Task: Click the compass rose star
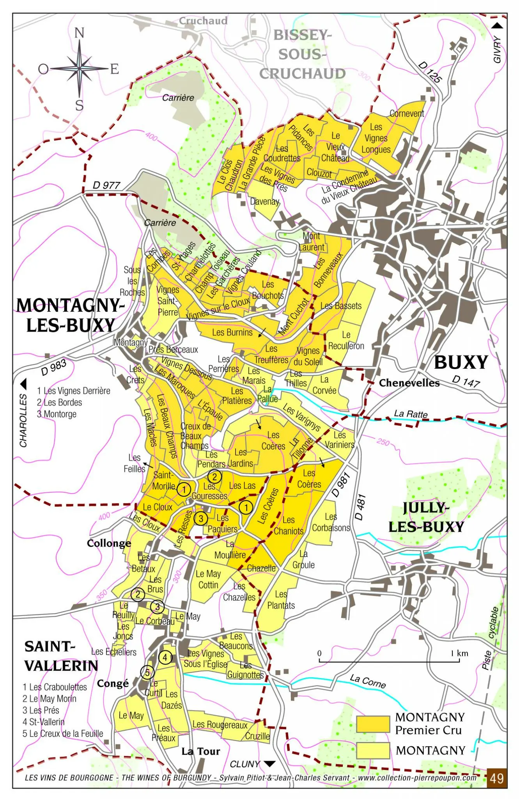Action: (79, 69)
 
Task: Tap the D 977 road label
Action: (106, 185)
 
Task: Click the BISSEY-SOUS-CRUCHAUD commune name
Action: (302, 54)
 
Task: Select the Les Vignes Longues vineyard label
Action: (376, 138)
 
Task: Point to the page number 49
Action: (496, 778)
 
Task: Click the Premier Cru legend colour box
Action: (373, 724)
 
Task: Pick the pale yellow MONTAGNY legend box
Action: (373, 750)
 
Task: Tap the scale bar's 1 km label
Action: (459, 653)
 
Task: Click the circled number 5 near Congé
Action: (147, 672)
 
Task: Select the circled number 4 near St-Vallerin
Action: (165, 657)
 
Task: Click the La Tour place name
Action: (201, 751)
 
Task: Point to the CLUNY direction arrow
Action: (269, 763)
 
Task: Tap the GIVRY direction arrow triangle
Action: (497, 26)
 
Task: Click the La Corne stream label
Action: (368, 681)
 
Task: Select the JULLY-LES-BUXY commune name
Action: (426, 517)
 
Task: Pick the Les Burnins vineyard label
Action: (232, 332)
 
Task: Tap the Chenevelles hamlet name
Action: (409, 383)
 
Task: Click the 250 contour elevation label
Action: (383, 442)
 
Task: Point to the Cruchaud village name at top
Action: (203, 21)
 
